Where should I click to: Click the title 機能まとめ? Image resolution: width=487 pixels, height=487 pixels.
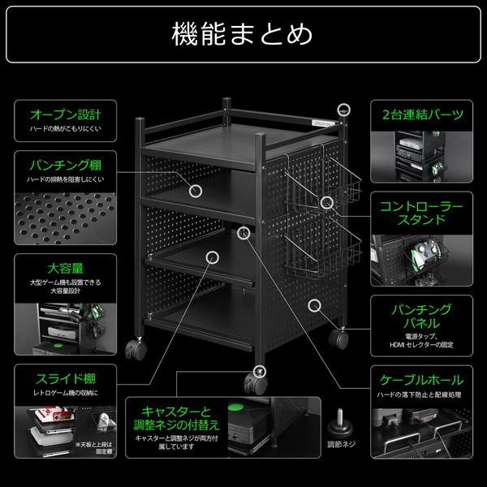pos(243,34)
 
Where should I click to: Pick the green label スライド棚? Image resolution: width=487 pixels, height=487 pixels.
pos(65,379)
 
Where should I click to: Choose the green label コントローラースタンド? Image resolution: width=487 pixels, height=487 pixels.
pos(422,213)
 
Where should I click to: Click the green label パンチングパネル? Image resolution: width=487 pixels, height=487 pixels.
pos(422,317)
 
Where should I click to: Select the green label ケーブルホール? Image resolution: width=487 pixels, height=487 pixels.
pos(422,379)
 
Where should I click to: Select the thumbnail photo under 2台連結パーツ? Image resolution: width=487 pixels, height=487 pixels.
pos(422,154)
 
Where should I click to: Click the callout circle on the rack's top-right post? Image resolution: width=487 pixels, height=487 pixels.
pos(345,109)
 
